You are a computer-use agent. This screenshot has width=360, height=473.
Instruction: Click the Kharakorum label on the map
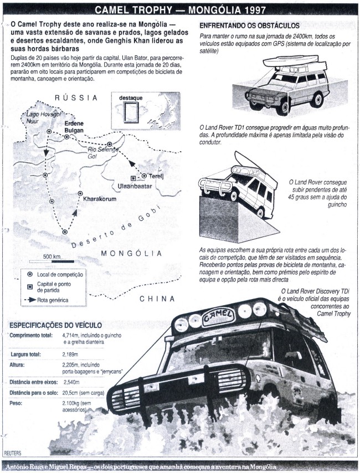point(100,199)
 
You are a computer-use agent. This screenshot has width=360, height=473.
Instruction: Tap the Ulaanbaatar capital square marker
point(133,178)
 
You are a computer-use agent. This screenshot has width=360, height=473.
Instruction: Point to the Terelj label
point(156,177)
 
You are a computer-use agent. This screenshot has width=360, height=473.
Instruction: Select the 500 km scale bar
point(52,261)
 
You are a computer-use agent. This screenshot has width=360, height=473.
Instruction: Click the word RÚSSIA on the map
point(76,97)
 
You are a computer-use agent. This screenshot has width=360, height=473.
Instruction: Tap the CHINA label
point(157,299)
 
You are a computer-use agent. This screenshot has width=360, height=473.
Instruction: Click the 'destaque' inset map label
point(131,98)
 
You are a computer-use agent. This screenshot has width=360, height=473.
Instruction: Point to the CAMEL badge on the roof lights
point(218,316)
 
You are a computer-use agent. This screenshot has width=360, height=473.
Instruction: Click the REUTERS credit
point(13,453)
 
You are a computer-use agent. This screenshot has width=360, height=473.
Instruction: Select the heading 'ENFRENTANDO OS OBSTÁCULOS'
point(249,25)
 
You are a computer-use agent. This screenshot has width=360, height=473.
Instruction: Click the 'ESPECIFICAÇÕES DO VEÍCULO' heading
point(55,325)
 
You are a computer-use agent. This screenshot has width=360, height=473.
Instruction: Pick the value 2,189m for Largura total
point(70,354)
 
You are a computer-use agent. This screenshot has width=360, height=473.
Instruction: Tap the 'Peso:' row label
point(16,403)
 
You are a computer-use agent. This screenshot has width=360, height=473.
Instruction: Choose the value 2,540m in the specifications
point(71,382)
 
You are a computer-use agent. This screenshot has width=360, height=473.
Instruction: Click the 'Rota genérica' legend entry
point(47,300)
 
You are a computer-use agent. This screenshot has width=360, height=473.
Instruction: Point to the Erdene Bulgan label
point(74,127)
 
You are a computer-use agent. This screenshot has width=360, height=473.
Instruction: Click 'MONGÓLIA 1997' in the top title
point(227,11)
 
